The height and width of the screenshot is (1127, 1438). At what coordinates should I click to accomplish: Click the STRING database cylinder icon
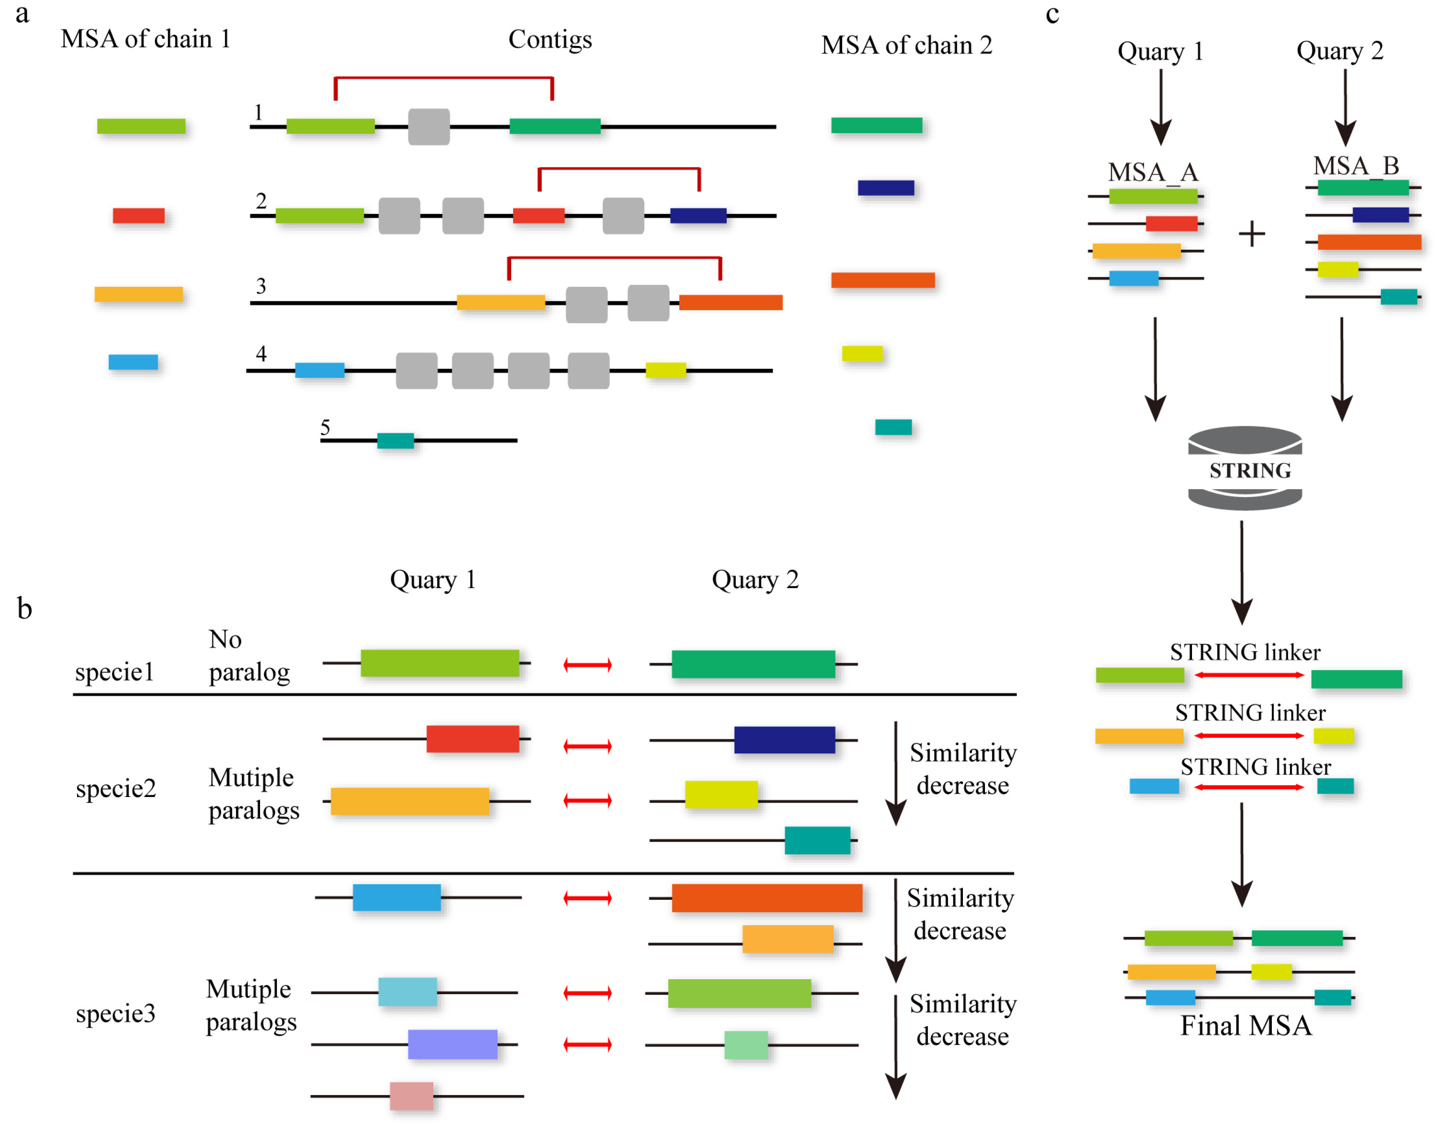[x=1245, y=468]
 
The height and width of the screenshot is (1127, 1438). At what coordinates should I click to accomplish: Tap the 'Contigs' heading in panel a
[x=550, y=39]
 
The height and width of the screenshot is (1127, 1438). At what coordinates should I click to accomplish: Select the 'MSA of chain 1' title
[x=145, y=39]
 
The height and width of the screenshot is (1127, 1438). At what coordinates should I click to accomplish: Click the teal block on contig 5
[x=395, y=440]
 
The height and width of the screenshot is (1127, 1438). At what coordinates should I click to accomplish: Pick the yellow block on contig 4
[x=665, y=370]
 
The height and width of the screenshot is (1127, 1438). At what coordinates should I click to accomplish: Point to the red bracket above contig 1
[x=444, y=78]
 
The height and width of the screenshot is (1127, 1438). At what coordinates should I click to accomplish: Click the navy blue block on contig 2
[x=698, y=216]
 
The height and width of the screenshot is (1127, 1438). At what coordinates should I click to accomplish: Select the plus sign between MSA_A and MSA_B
[x=1251, y=234]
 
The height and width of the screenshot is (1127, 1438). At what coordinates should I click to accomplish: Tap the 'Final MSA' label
[x=1246, y=1026]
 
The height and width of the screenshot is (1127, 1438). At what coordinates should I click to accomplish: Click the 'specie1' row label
[x=114, y=672]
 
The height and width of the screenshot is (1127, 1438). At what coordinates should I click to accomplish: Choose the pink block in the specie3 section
[x=411, y=1096]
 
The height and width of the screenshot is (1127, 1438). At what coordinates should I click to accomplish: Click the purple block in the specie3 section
[x=452, y=1044]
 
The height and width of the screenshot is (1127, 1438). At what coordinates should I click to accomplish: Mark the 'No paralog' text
[x=248, y=655]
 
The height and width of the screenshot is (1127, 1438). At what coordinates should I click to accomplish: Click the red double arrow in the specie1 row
[x=587, y=665]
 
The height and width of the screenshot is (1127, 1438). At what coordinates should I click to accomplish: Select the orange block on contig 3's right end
[x=731, y=302]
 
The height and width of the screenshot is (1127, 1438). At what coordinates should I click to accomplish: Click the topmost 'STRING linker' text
[x=1245, y=652]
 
